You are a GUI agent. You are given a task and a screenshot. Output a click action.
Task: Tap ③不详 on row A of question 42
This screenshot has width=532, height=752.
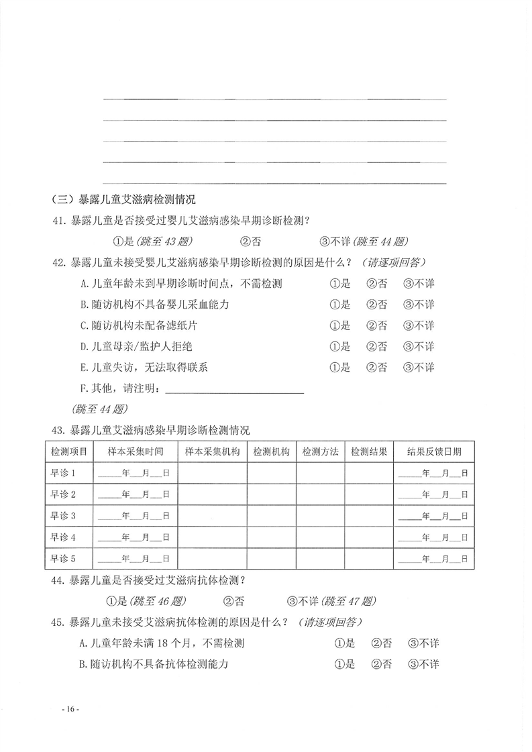[419, 284]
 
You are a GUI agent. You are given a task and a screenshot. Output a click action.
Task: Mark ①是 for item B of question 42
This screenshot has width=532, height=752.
[340, 305]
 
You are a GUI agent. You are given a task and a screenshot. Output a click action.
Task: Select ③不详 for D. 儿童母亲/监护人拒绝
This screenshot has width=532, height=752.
[419, 347]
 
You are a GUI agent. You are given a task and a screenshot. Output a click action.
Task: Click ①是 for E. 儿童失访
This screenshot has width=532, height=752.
[340, 368]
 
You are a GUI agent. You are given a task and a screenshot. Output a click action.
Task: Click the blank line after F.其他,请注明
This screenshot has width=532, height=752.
[234, 389]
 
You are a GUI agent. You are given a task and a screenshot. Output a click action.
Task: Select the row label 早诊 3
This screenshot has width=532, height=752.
[64, 515]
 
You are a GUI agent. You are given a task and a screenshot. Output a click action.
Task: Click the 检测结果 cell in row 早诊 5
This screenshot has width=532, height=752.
[368, 558]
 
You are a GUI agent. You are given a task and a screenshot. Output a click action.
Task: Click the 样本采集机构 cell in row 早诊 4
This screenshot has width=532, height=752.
[212, 537]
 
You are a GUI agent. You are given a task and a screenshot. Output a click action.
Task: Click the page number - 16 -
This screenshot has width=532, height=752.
[70, 710]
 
